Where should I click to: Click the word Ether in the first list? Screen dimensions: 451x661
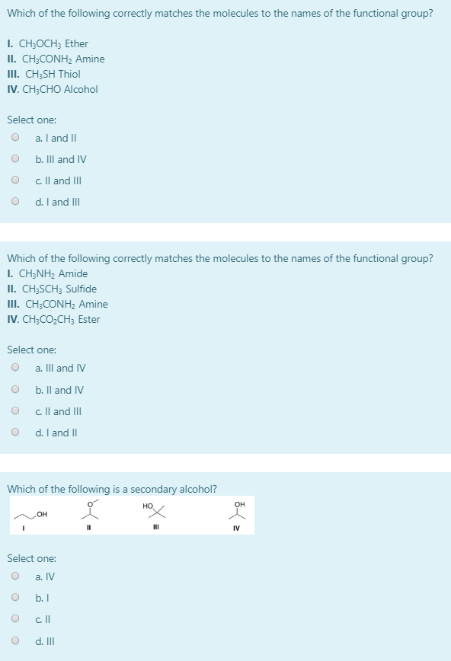(x=76, y=44)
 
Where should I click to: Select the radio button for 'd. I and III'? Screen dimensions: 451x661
(x=15, y=202)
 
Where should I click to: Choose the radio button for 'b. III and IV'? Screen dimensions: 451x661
(x=15, y=159)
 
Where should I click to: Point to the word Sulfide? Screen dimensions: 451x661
(x=81, y=289)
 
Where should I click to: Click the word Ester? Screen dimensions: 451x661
(x=89, y=319)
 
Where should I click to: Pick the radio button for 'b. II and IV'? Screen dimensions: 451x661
(x=15, y=390)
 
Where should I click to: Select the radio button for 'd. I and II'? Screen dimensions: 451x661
(x=15, y=433)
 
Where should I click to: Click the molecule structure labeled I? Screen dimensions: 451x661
(x=35, y=514)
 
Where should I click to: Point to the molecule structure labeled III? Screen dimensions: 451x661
(x=155, y=512)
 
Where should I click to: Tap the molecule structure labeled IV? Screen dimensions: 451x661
(x=239, y=512)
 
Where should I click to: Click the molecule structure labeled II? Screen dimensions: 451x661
(x=91, y=510)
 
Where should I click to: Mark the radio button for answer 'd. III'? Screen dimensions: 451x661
(x=15, y=641)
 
